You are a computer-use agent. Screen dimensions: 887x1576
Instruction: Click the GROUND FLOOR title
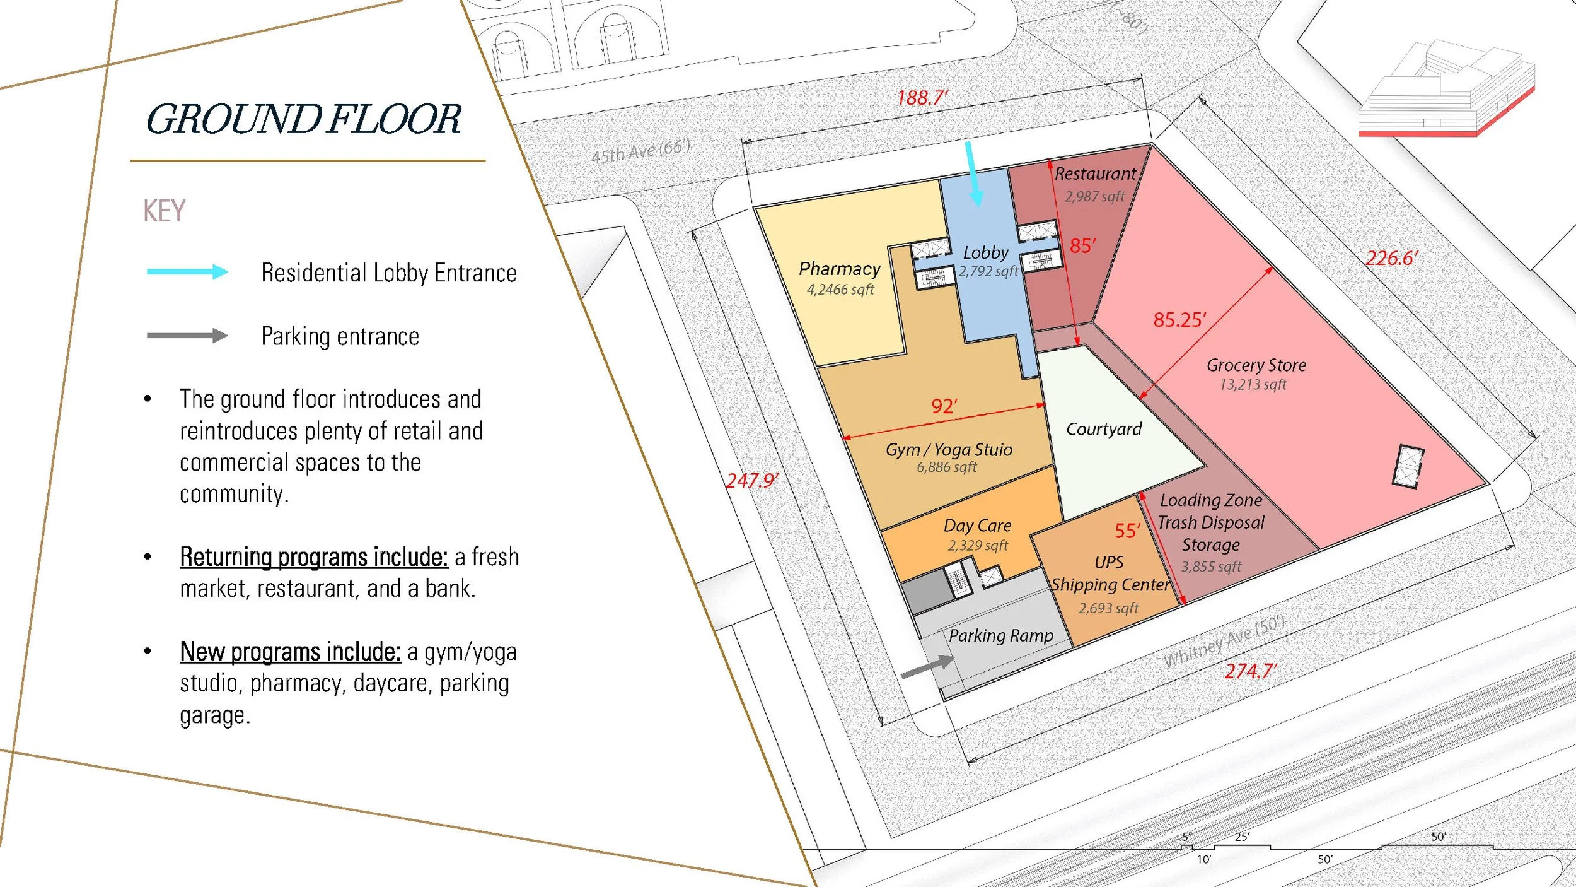(303, 119)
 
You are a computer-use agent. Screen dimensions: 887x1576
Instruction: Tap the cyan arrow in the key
(187, 272)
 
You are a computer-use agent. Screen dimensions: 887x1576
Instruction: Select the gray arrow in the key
(187, 335)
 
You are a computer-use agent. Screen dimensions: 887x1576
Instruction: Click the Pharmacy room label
(840, 269)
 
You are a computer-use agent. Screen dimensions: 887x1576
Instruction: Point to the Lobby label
(985, 253)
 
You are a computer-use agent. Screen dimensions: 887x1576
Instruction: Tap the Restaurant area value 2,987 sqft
(1094, 197)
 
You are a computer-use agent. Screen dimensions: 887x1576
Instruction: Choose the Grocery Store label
(1256, 365)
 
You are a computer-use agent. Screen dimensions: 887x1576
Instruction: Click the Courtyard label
(1104, 430)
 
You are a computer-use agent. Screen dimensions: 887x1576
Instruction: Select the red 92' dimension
(944, 406)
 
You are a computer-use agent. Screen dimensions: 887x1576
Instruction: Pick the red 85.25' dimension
(1179, 320)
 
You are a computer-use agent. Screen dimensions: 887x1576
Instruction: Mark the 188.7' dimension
(922, 98)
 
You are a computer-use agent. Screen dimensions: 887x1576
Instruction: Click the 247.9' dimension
(751, 481)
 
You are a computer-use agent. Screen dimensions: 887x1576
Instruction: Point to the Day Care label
(977, 526)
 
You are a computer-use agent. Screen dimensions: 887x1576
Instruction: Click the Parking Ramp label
(1001, 635)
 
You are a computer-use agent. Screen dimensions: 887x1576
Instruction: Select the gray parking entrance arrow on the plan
(927, 666)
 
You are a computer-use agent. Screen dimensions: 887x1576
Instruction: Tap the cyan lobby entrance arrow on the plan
(973, 173)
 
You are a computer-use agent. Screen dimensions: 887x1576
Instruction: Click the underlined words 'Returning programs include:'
(314, 557)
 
